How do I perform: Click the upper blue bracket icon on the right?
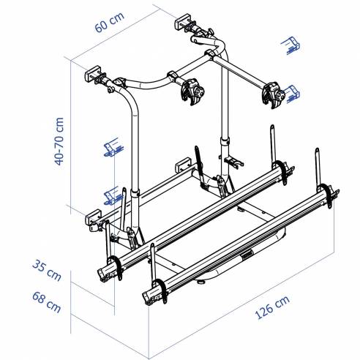289,47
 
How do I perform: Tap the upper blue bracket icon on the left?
112,146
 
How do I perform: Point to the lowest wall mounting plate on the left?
93,216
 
